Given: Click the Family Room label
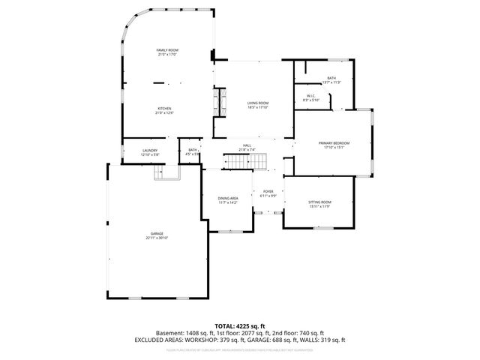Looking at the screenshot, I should [168, 50].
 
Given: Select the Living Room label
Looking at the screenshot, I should [258, 103].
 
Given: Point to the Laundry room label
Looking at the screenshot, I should [149, 151].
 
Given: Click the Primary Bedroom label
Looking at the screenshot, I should [334, 142].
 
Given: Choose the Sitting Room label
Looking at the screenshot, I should [319, 202].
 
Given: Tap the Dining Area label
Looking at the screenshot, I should [228, 198].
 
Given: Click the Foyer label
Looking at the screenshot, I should [268, 191].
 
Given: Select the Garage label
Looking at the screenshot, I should [157, 233].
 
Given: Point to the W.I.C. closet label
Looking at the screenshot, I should [311, 95].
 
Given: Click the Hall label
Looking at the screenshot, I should [247, 145].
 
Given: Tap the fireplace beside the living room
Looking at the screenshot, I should [220, 100].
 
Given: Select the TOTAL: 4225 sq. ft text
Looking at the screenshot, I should [240, 325].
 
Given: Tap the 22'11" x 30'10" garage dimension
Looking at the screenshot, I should [157, 238].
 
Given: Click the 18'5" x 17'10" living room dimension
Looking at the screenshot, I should [258, 107].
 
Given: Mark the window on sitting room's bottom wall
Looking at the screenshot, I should [322, 226].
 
